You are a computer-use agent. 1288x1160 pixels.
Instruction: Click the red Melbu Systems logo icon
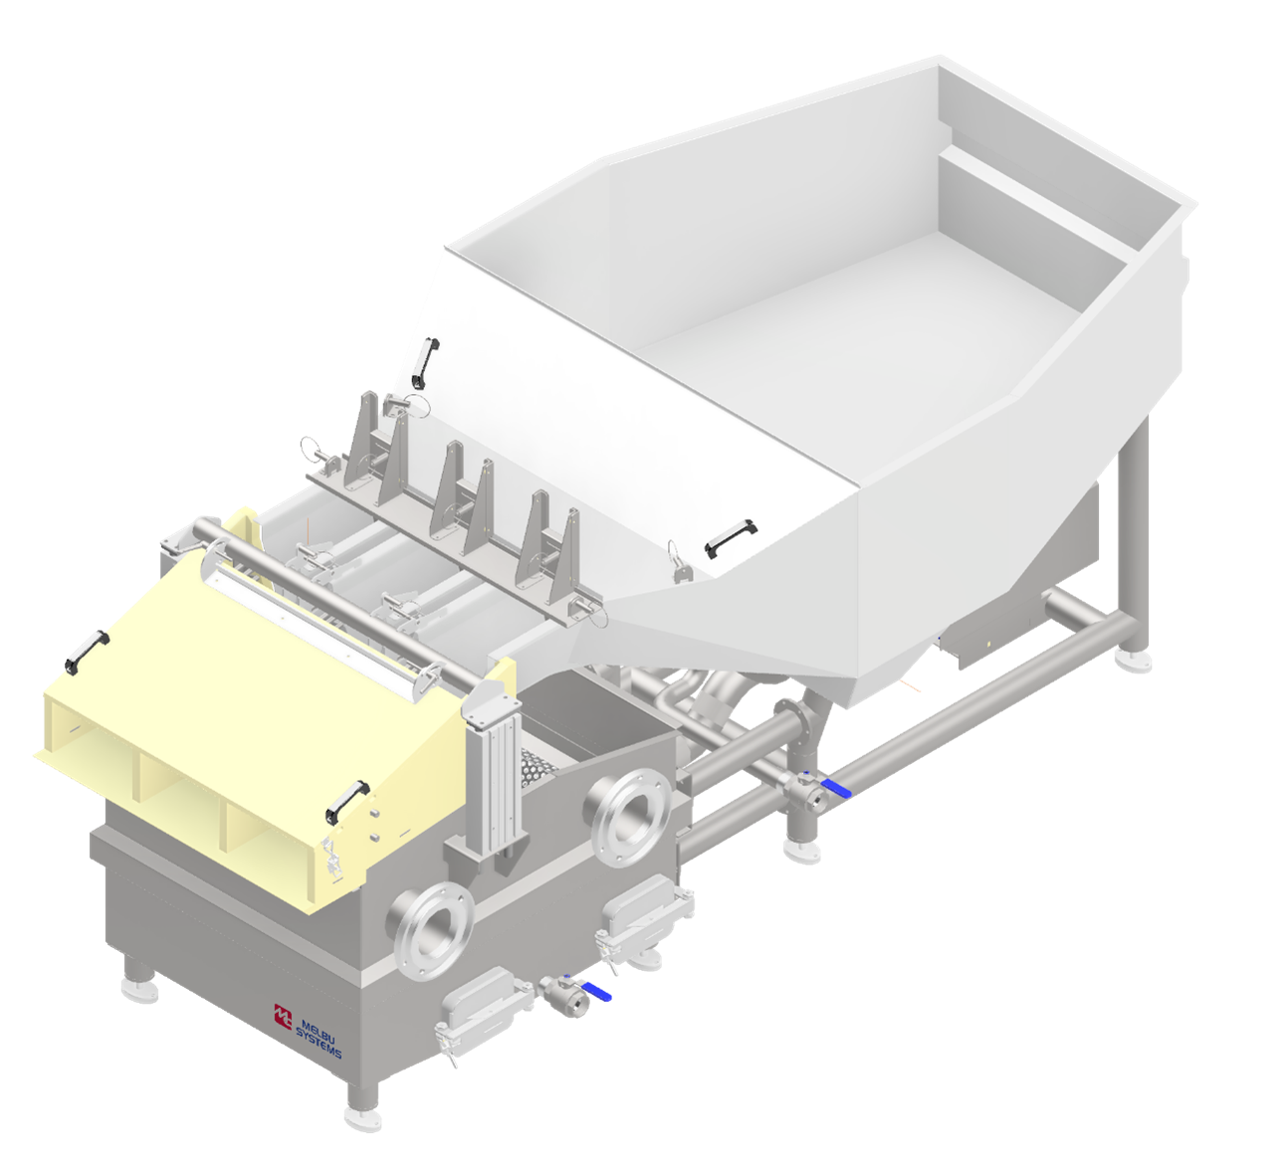[x=283, y=1016]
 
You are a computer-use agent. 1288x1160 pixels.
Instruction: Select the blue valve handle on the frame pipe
[x=837, y=788]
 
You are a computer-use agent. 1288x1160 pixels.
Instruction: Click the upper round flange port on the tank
[x=632, y=811]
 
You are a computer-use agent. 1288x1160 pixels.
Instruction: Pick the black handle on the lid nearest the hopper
[x=731, y=535]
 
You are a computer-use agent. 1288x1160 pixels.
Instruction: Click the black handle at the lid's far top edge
[x=424, y=363]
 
